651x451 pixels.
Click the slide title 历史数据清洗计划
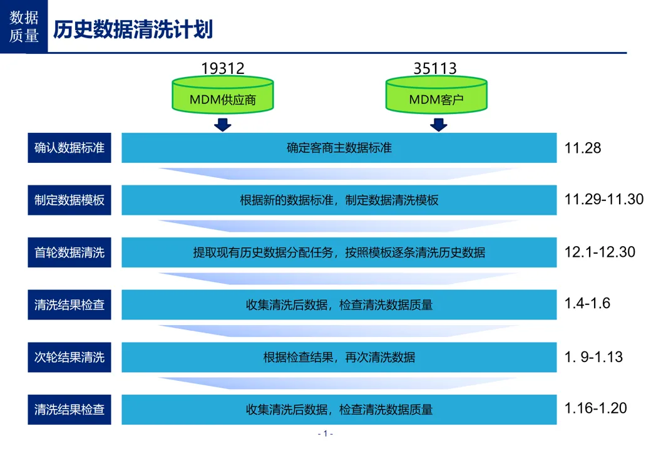pos(133,29)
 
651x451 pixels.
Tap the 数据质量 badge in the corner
pos(24,26)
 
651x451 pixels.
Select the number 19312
pos(223,68)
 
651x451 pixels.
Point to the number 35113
pos(435,68)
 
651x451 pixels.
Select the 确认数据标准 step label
pos(69,148)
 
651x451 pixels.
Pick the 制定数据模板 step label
pos(69,200)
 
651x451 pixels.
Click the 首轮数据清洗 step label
pos(69,252)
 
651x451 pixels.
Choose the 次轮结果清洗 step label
pos(69,358)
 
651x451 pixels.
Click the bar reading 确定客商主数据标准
pos(339,148)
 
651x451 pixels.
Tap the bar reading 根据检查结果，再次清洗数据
pos(339,358)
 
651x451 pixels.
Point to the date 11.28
pos(583,148)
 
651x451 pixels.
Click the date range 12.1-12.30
pos(600,252)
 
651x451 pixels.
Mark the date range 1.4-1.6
pos(587,304)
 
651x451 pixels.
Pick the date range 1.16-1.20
pos(595,408)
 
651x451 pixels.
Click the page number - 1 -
pos(325,433)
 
